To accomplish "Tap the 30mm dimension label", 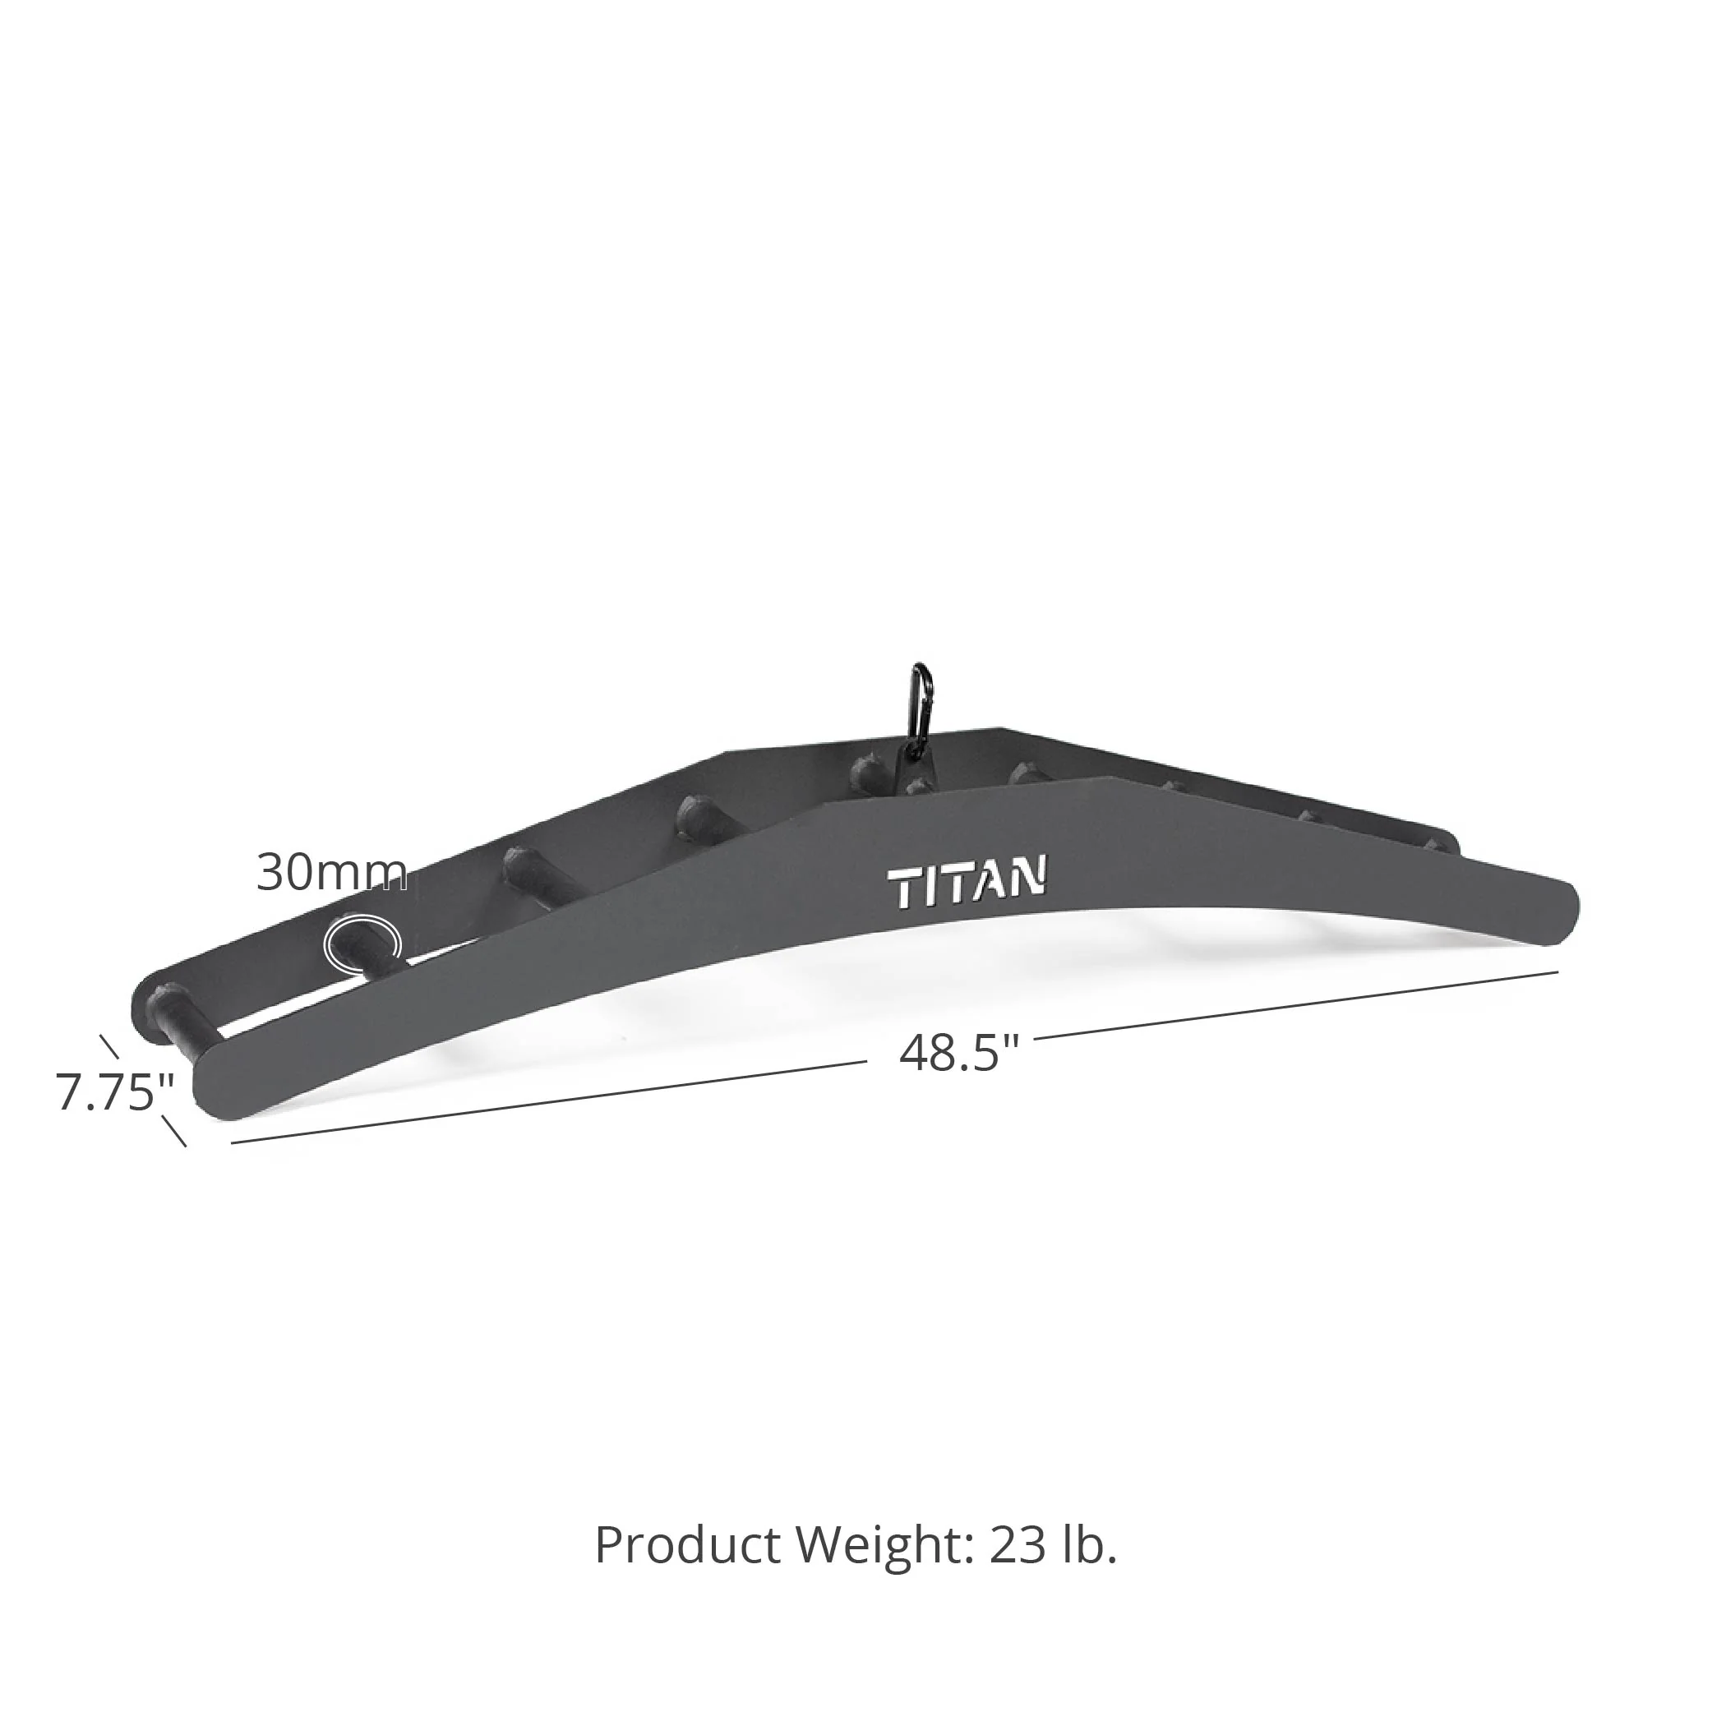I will (x=332, y=873).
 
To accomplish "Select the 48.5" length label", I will (x=959, y=1054).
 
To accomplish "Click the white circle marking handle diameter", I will (x=362, y=943).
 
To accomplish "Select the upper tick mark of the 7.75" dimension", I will (x=108, y=1046).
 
